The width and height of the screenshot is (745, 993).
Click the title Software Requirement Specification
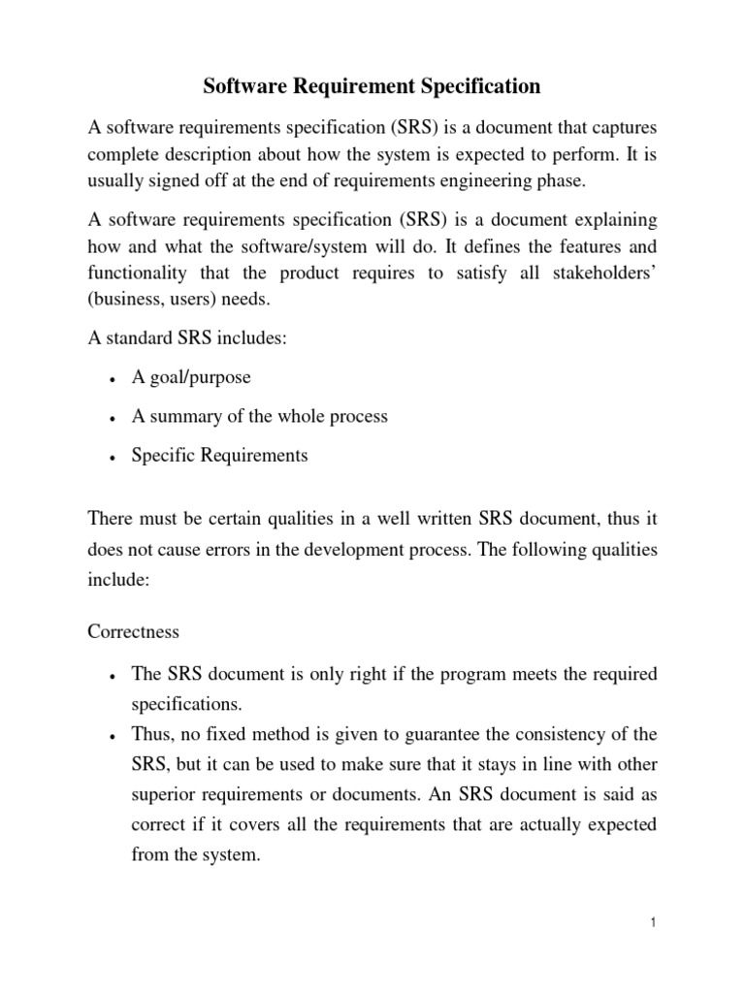coord(372,87)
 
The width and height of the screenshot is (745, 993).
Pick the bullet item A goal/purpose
coord(191,378)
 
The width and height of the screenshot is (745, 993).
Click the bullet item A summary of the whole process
coord(259,417)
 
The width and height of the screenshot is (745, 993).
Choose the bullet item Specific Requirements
coord(220,455)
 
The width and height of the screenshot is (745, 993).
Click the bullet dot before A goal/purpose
coord(114,379)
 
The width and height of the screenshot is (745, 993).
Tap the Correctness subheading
coord(133,632)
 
